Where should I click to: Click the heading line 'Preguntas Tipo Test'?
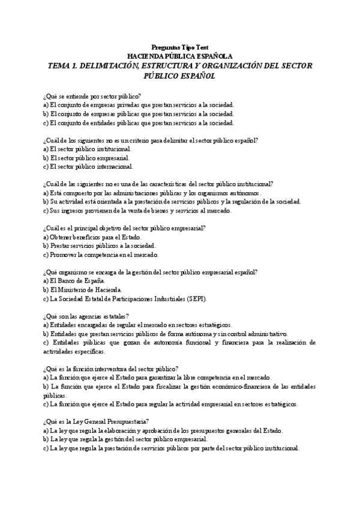tap(180, 46)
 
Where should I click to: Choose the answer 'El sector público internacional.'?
tap(88, 166)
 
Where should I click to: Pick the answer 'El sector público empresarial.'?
tap(86, 158)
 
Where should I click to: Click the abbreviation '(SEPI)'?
tap(218, 298)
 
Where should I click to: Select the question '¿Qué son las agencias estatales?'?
tap(86, 316)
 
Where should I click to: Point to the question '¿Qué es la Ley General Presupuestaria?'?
tap(96, 422)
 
